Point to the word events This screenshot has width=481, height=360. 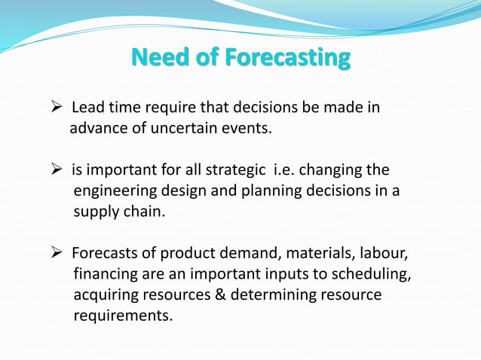244,128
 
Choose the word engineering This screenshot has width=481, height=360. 114,191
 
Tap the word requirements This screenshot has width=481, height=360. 122,316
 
